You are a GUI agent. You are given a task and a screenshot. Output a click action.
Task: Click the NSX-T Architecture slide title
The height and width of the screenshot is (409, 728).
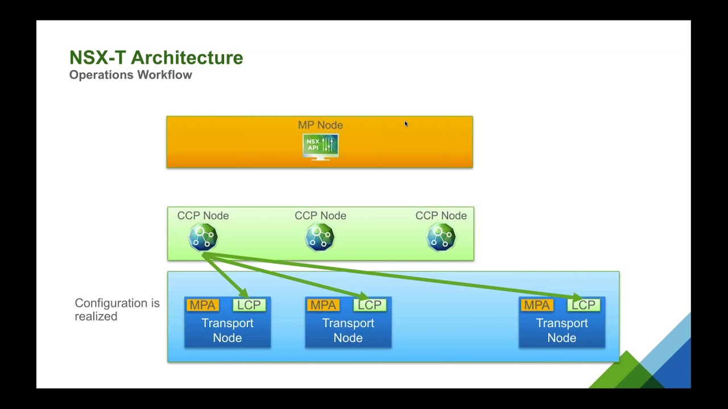156,57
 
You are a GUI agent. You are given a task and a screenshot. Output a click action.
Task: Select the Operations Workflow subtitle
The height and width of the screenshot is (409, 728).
130,75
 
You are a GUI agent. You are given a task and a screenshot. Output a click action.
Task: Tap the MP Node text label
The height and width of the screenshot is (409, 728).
320,125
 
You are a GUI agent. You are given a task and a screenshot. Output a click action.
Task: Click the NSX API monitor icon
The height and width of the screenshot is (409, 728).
320,147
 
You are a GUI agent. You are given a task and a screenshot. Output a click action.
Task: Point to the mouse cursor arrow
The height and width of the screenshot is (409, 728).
406,124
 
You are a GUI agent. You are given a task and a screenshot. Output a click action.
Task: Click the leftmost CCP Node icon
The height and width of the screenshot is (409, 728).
203,237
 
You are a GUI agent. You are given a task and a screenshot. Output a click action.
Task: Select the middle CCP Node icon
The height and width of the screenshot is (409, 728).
320,237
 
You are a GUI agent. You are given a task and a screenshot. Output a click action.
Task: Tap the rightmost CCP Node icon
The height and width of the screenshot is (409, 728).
441,237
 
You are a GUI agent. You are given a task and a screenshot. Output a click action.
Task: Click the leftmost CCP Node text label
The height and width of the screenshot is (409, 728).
203,216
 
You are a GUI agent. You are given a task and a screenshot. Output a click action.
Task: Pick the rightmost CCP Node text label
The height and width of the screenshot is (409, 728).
441,216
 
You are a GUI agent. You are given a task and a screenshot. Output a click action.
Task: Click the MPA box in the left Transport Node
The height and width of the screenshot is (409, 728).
202,305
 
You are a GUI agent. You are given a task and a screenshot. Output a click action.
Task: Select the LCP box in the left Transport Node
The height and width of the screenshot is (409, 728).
249,305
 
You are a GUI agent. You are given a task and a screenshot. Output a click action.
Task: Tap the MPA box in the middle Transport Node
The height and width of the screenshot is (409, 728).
323,305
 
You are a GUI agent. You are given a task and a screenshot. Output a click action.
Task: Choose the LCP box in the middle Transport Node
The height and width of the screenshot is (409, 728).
370,305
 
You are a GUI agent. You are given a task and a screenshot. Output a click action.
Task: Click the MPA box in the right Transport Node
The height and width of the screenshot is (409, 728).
537,305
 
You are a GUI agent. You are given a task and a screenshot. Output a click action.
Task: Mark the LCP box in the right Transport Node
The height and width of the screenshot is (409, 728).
584,306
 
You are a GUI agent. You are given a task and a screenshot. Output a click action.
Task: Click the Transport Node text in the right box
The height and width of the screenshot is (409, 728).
562,331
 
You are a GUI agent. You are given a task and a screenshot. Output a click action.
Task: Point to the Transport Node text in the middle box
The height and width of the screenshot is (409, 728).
348,331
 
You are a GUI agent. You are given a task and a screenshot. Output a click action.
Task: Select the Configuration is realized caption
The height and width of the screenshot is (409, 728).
117,310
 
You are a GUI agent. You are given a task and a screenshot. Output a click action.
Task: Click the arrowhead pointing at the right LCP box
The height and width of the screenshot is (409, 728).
577,297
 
